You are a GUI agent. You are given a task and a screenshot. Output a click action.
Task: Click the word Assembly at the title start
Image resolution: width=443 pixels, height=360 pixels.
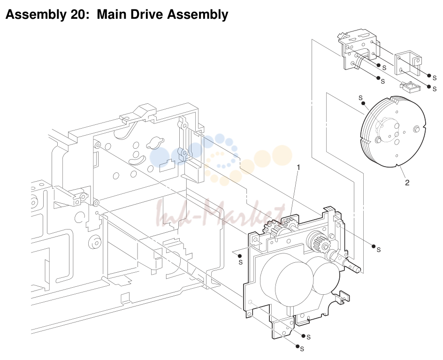(x=35, y=15)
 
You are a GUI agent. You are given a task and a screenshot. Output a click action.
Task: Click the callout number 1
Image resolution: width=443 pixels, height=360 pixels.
(x=298, y=168)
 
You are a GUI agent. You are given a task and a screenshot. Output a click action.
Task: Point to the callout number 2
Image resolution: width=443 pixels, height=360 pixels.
(x=407, y=183)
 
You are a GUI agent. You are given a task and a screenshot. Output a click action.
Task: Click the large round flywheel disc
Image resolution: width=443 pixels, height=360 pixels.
(x=393, y=132)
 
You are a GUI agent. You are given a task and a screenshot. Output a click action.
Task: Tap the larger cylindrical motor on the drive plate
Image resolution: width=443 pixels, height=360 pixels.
(x=287, y=280)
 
